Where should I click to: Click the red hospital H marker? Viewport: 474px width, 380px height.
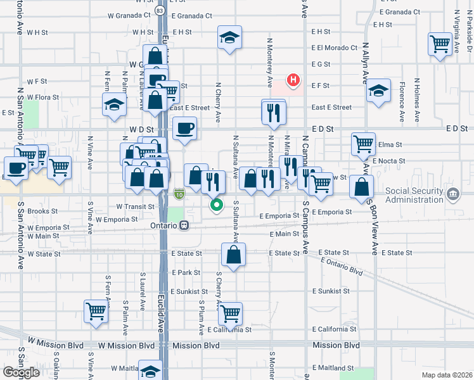tap(293, 80)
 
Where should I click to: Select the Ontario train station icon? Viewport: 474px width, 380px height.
tap(184, 225)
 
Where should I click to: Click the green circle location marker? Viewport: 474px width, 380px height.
tap(217, 205)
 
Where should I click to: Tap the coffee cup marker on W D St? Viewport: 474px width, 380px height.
tap(184, 129)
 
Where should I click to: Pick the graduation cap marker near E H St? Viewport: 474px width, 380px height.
tap(230, 37)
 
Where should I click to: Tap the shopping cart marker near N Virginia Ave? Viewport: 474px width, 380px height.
tap(440, 44)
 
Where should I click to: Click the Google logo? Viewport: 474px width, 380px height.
tap(21, 372)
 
